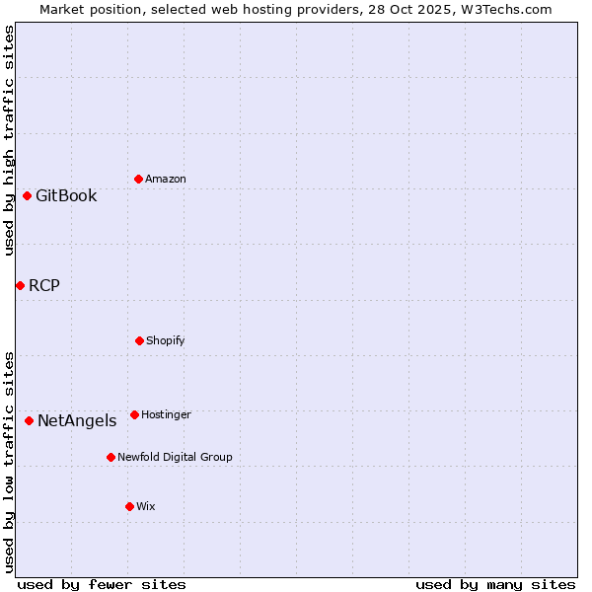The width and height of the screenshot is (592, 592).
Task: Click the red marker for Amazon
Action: [x=138, y=179]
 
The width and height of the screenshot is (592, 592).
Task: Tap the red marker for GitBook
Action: [x=27, y=195]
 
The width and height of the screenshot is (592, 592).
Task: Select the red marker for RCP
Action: [x=20, y=285]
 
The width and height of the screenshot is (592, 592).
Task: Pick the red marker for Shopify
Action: [x=139, y=340]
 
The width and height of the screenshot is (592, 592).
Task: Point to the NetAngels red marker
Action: [x=29, y=420]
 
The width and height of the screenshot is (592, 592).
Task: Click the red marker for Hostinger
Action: [x=134, y=414]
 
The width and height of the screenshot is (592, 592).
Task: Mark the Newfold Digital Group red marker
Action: [x=111, y=457]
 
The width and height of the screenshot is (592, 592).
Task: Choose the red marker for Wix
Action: [x=129, y=506]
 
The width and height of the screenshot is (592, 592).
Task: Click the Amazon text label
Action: [x=166, y=179]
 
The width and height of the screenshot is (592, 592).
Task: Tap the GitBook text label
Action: [x=66, y=195]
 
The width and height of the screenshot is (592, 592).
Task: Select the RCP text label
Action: [x=44, y=285]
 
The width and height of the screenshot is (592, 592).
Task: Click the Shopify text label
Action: [x=166, y=340]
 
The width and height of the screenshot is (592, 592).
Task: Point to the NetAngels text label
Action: [x=77, y=420]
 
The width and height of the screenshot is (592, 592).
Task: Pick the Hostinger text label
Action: [x=166, y=414]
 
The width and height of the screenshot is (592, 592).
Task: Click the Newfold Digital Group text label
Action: [x=175, y=457]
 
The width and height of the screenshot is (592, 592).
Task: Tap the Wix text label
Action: [x=146, y=506]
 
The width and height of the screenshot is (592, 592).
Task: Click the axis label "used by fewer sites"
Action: [x=102, y=584]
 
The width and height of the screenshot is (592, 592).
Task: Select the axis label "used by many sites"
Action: [x=495, y=584]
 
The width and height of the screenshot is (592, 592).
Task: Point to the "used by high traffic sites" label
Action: [x=9, y=140]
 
